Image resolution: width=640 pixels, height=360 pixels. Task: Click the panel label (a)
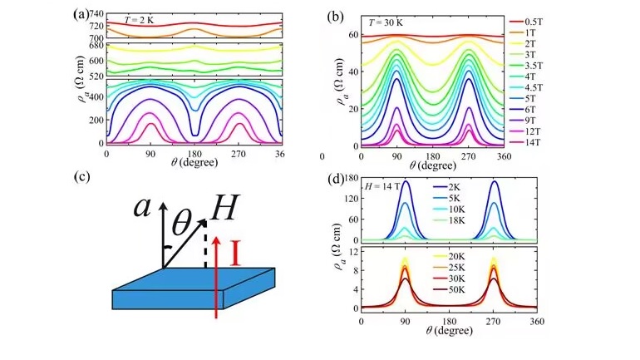(x=81, y=14)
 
